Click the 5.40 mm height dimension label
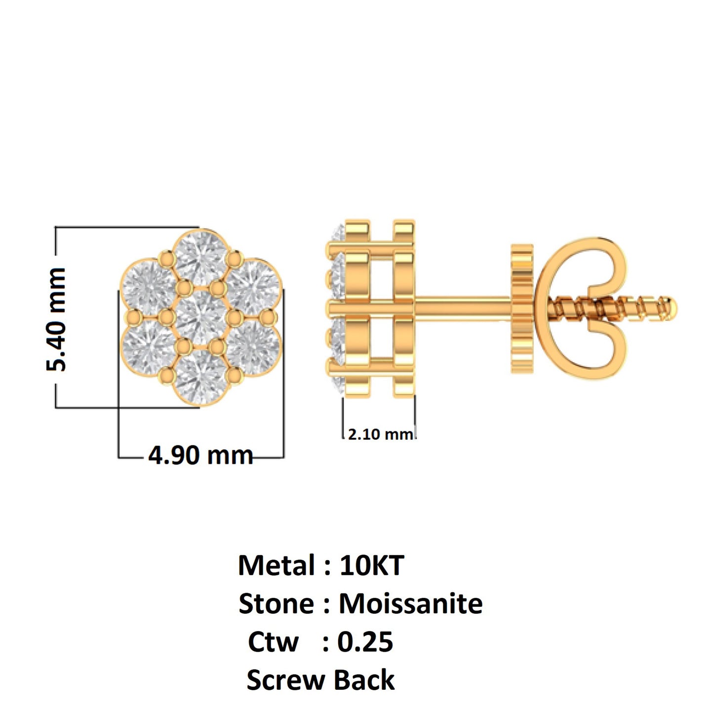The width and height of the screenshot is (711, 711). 56,319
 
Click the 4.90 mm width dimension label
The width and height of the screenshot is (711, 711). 200,455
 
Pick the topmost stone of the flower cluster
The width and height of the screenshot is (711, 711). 201,258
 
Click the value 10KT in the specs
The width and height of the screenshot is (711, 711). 372,565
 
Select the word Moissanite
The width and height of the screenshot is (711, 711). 410,603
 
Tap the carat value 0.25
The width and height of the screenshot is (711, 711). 365,642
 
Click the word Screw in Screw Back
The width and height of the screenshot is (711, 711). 285,680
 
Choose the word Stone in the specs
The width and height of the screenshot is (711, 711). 276,603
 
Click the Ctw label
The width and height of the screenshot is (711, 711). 273,642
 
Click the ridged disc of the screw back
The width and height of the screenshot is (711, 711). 521,309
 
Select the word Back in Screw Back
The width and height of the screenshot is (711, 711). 364,680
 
